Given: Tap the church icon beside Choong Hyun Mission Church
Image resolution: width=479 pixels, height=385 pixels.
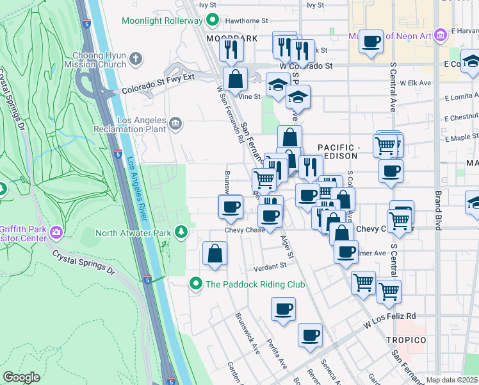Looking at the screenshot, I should tap(135, 59).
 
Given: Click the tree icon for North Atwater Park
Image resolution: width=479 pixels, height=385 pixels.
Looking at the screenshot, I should tap(183, 231).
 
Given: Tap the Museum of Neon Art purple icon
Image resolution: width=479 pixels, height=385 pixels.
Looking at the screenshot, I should tap(439, 35).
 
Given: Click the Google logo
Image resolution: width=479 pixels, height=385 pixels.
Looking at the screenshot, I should tap(21, 377).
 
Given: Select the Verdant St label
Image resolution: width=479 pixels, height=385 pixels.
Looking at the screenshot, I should tap(269, 266).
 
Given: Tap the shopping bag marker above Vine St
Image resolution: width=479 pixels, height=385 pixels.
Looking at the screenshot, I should tap(236, 80).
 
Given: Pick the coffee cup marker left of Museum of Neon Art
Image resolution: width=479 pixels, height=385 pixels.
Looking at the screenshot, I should tap(370, 42).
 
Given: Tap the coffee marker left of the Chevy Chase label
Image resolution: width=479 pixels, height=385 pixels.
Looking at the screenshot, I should tap(231, 207).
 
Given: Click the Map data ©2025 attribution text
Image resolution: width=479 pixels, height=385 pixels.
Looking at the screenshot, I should tap(452, 380).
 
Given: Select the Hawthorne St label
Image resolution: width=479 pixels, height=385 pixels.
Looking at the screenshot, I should tap(246, 19).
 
